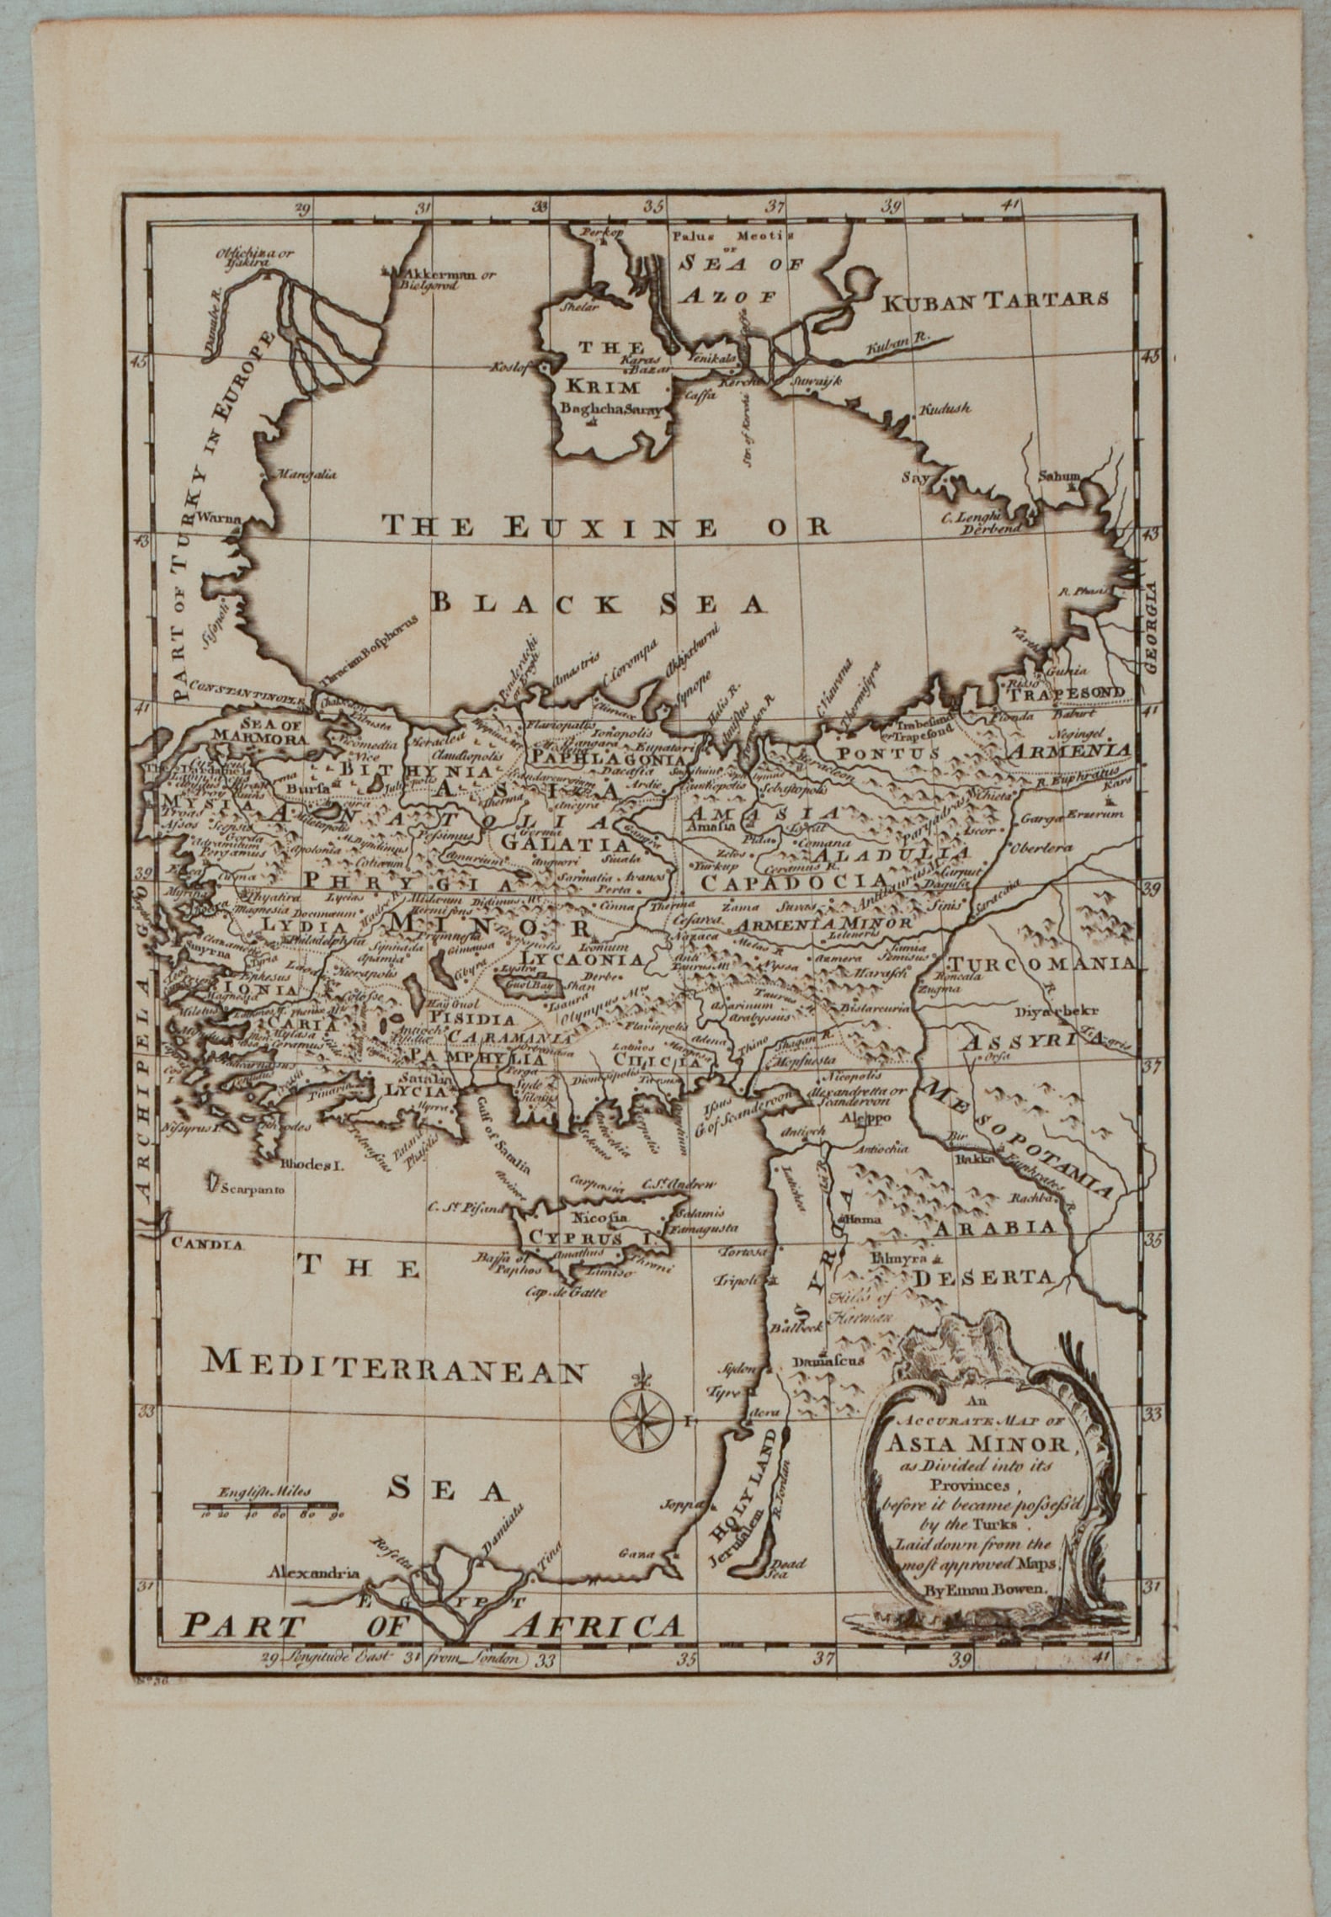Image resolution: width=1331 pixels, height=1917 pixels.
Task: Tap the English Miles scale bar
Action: tap(264, 1504)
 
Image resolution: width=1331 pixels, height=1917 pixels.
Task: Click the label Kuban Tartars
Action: tap(994, 299)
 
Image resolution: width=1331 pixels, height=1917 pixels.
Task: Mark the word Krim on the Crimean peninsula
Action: tap(602, 387)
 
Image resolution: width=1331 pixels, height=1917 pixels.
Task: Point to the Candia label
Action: tap(207, 1243)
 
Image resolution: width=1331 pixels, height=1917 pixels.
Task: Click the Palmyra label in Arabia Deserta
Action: tap(902, 1259)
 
